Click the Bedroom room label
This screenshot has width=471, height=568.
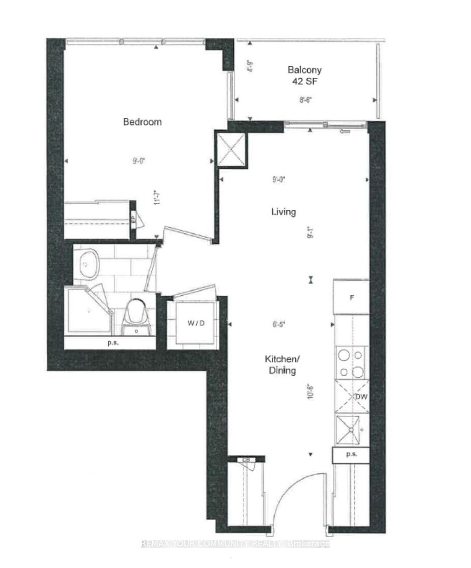[x=142, y=122]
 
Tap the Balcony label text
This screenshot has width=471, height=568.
[x=304, y=70]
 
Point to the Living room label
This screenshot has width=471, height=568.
[x=283, y=212]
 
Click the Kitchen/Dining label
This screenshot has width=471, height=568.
[x=279, y=365]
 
